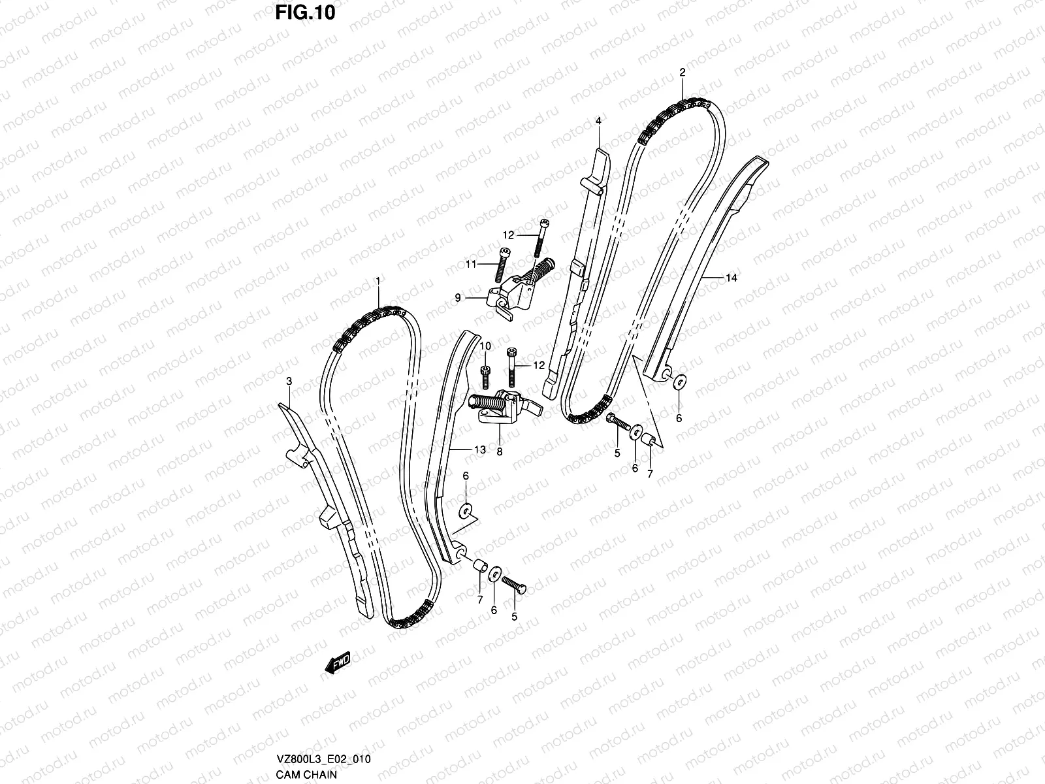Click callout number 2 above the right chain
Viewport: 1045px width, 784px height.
(682, 73)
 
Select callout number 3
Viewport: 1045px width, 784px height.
(289, 380)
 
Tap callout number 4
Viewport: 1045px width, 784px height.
(598, 121)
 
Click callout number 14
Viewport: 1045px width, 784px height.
(731, 278)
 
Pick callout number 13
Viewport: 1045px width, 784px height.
(479, 449)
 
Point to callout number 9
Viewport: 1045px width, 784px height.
(458, 297)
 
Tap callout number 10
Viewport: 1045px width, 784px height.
(485, 346)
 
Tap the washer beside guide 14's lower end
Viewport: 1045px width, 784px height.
(679, 381)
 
